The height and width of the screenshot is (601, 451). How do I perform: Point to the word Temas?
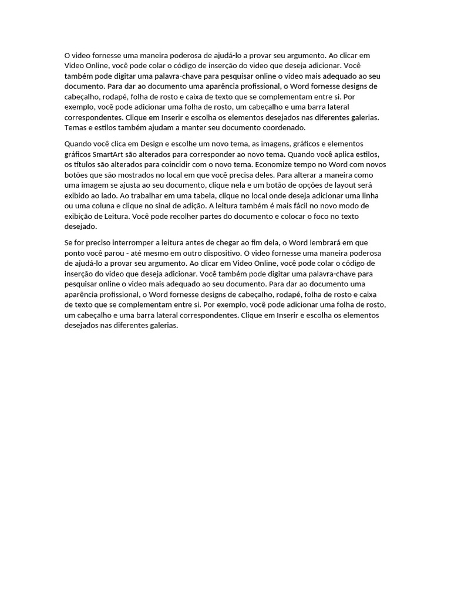tap(75, 127)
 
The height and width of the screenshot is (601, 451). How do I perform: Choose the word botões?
tap(76, 175)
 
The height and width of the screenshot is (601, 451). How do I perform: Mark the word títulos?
tap(86, 164)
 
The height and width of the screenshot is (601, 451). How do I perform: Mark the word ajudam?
tap(163, 127)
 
